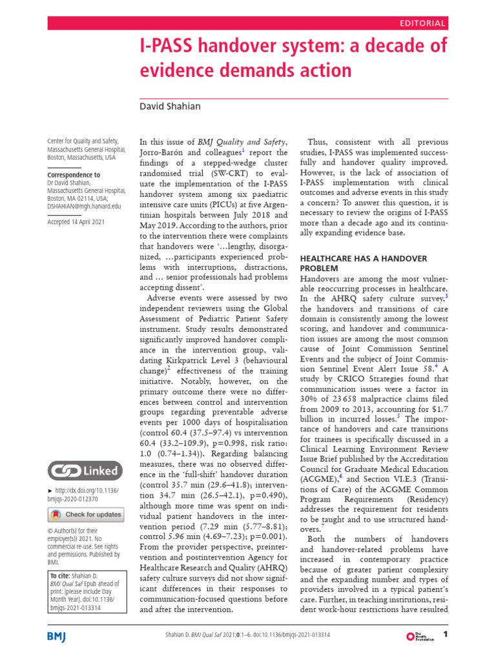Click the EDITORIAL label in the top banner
coord(423,23)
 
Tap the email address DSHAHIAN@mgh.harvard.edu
coord(85,206)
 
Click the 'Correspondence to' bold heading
coord(74,175)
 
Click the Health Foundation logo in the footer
coord(420,636)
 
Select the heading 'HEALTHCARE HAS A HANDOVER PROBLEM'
coord(364,263)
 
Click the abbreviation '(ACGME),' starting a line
coord(320,480)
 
